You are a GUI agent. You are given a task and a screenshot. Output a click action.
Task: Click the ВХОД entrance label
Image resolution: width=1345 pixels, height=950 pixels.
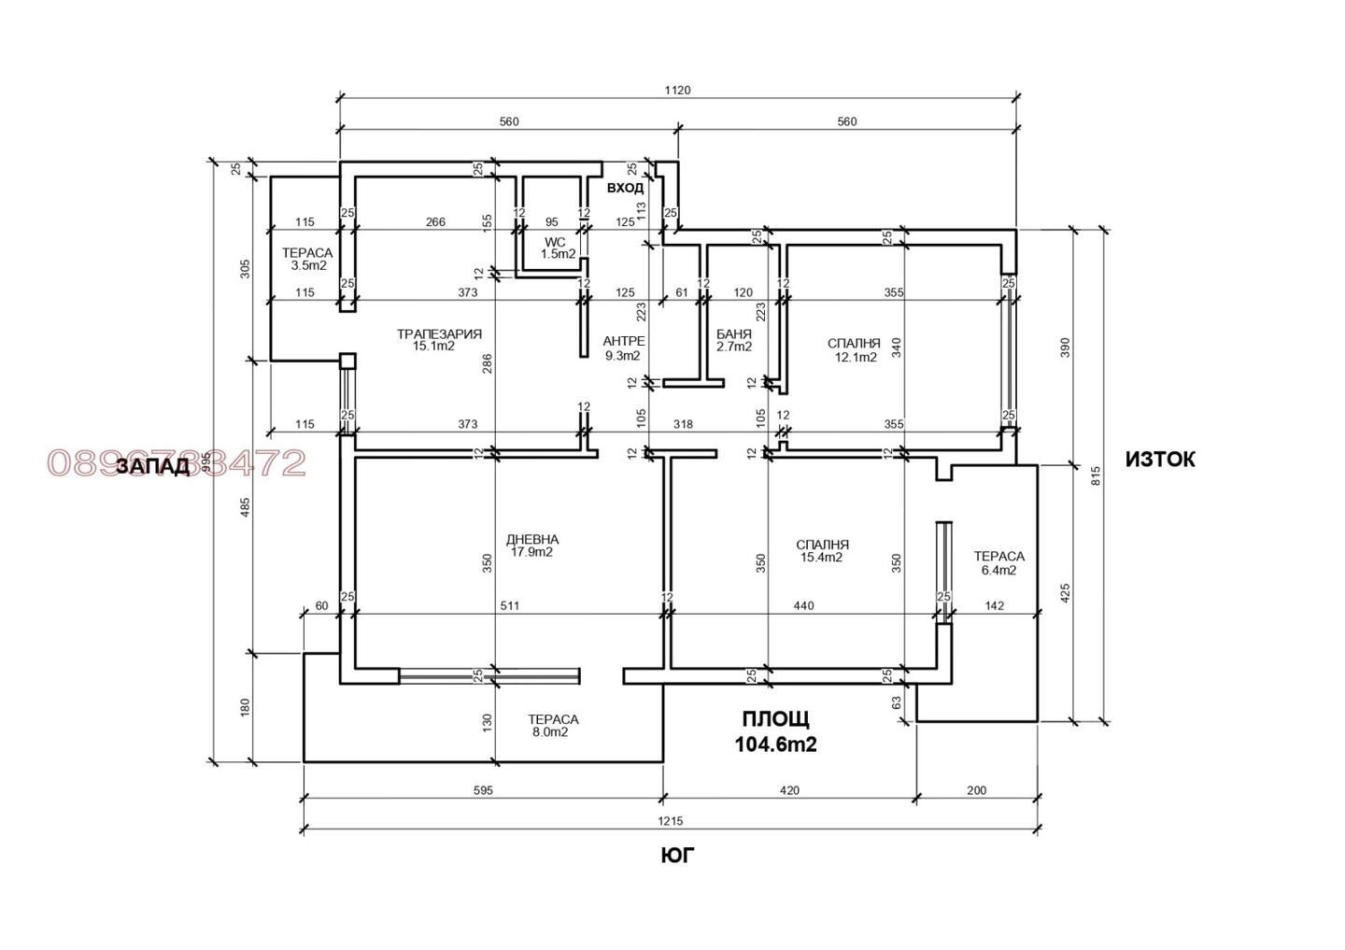(625, 188)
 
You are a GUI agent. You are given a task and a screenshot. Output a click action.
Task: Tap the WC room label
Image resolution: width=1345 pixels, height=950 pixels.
(555, 242)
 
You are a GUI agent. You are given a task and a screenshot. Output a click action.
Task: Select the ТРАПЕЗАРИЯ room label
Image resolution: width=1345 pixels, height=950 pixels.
(439, 333)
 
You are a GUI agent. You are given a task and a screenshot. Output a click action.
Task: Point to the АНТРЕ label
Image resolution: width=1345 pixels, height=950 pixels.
(624, 341)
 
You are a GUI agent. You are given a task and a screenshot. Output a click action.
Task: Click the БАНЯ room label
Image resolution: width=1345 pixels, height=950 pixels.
(734, 334)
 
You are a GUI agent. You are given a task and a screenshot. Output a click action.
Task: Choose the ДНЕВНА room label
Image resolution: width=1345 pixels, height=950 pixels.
(532, 539)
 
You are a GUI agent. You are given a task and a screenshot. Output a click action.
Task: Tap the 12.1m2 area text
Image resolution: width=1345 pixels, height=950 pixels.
(856, 357)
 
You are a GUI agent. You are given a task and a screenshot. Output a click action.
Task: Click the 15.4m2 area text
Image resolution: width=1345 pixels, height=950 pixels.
(821, 558)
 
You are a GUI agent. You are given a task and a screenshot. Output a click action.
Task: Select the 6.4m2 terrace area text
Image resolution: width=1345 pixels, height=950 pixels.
(999, 570)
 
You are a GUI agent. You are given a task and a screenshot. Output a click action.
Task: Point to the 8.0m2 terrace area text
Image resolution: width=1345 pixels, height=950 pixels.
(550, 732)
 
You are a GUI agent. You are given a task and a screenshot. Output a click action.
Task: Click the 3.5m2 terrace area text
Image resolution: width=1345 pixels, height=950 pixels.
(308, 265)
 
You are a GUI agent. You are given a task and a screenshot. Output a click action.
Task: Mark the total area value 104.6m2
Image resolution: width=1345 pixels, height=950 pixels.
(776, 744)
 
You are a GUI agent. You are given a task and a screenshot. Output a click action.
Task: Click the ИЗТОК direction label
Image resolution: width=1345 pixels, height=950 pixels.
(1160, 460)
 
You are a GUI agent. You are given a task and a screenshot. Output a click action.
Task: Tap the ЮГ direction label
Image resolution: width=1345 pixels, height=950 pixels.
(678, 856)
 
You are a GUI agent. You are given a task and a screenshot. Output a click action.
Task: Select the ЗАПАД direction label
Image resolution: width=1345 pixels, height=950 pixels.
(152, 466)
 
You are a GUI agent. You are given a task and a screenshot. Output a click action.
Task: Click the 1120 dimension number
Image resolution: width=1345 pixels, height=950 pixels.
(677, 90)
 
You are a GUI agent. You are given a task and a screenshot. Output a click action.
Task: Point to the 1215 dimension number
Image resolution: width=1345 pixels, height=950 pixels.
(670, 821)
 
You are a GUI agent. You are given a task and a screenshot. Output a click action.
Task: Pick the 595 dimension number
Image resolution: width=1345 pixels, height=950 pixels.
(483, 790)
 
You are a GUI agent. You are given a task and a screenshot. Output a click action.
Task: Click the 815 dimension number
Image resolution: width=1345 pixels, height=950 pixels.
(1096, 475)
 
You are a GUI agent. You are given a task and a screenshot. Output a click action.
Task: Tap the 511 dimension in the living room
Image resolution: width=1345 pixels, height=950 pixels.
(510, 606)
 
